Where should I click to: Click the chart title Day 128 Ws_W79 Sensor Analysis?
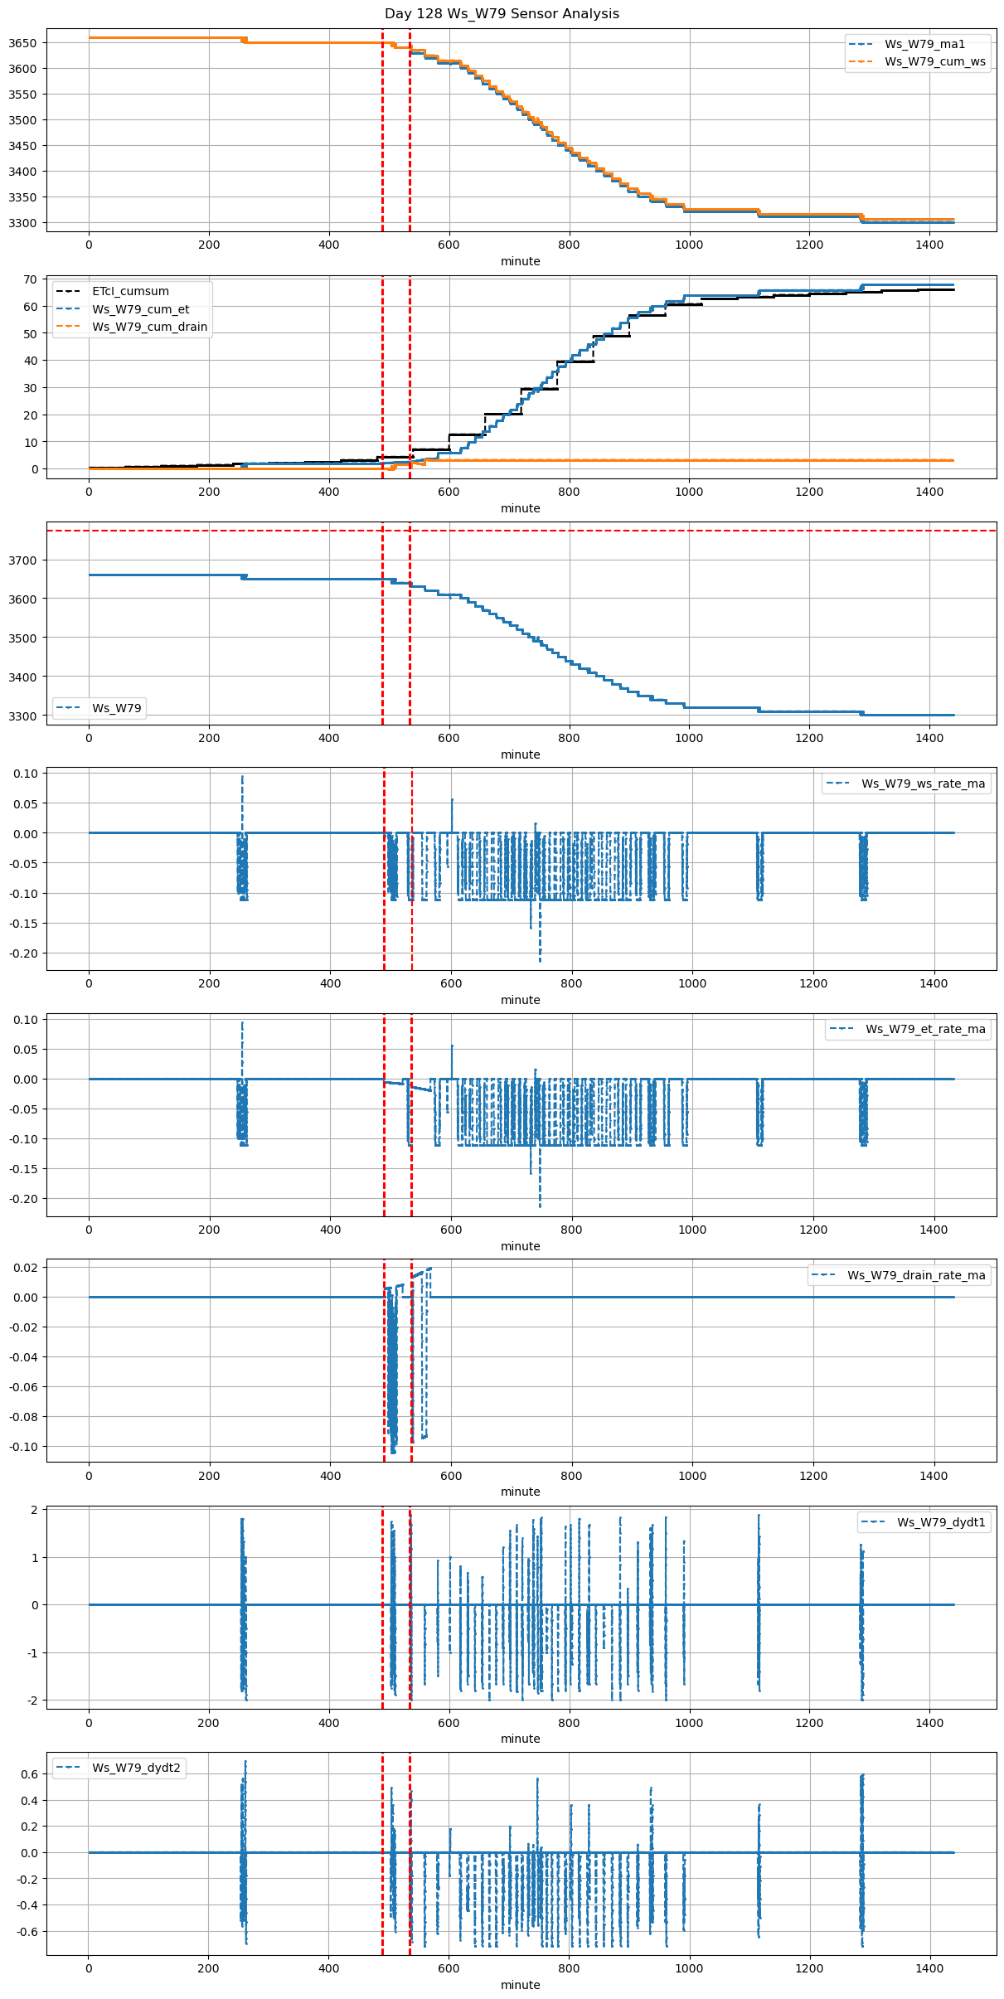pos(502,13)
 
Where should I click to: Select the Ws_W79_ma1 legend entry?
pos(924,44)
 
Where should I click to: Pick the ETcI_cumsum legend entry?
pos(130,291)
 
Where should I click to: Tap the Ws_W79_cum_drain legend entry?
pos(149,327)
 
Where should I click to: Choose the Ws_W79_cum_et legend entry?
pos(140,309)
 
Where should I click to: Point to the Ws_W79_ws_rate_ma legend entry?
pos(923,784)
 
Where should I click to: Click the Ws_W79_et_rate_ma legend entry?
pos(925,1029)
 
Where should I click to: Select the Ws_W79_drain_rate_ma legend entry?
pos(916,1275)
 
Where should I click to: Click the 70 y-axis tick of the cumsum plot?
pos(31,279)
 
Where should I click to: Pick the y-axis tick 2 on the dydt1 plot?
pos(35,1510)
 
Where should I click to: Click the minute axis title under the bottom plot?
pos(520,1985)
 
